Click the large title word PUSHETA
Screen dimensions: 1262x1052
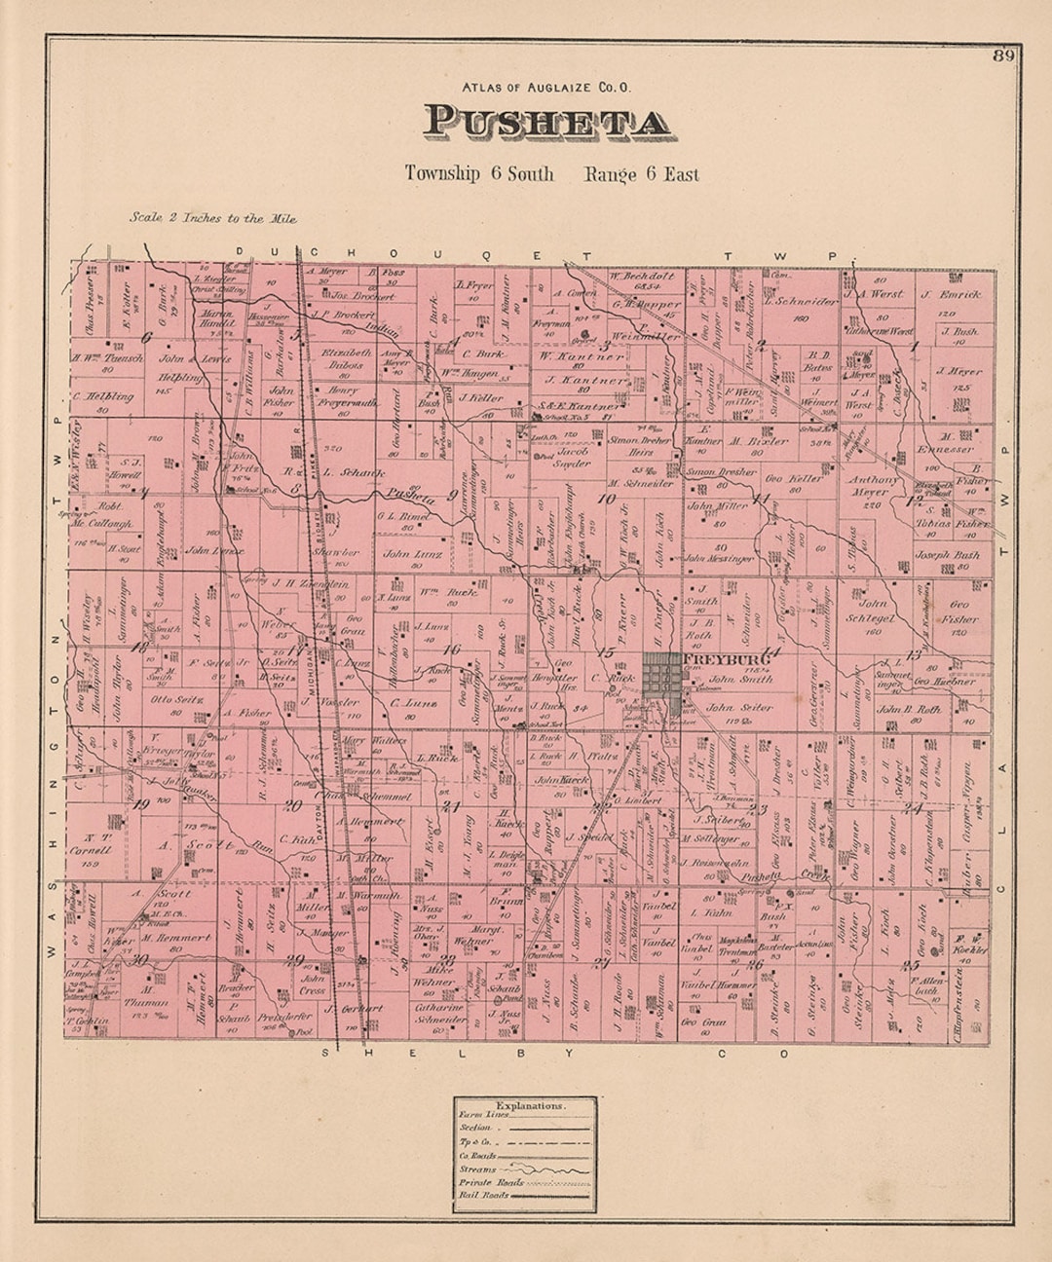point(546,122)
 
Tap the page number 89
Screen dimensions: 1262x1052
point(1003,56)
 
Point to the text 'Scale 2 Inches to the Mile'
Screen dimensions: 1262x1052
point(213,218)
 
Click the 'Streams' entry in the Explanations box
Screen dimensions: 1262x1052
point(477,1169)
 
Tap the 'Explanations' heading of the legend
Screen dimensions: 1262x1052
point(529,1106)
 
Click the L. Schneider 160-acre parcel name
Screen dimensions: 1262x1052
point(801,302)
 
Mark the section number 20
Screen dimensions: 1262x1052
point(292,805)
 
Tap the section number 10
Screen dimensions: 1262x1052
point(607,501)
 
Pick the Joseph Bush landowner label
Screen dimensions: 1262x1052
point(947,555)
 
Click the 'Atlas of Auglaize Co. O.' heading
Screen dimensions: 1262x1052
point(546,87)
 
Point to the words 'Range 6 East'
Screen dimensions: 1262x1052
point(641,174)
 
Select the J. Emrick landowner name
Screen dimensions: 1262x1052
point(951,293)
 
